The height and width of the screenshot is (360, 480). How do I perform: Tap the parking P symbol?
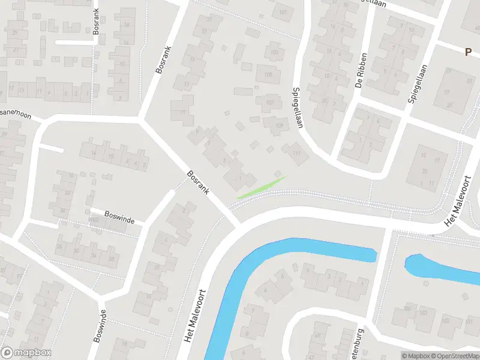[x=467, y=52]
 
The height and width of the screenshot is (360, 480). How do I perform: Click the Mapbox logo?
[x=26, y=353]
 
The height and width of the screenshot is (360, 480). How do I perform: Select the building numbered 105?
[x=268, y=74]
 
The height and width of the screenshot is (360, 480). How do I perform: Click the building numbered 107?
[x=269, y=102]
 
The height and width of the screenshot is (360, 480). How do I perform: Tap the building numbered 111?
[x=295, y=153]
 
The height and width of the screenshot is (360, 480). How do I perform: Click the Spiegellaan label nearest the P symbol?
[x=416, y=84]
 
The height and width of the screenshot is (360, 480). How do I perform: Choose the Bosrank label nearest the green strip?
[x=197, y=182]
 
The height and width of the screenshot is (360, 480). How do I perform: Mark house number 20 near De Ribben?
[x=325, y=100]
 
